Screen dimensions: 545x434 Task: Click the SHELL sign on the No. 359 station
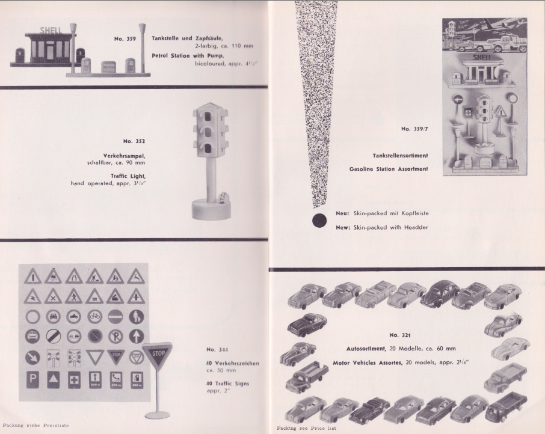click(51, 30)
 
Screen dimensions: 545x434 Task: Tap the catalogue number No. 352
click(134, 141)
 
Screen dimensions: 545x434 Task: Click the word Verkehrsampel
click(124, 156)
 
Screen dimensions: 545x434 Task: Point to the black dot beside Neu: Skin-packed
click(319, 221)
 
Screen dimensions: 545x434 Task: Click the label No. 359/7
click(414, 129)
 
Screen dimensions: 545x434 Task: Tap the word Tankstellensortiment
click(401, 156)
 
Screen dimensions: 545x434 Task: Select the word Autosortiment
click(366, 349)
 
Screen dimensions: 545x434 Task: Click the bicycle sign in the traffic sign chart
click(94, 316)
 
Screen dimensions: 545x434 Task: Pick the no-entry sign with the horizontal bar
click(115, 317)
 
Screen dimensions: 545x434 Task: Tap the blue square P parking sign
click(32, 379)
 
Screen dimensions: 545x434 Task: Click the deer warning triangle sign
click(136, 277)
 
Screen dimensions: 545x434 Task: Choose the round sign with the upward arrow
click(136, 337)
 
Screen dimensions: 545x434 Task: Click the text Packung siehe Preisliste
click(36, 426)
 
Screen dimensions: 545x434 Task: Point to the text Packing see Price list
click(306, 428)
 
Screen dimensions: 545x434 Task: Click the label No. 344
click(217, 350)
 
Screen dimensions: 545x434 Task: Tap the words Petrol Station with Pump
click(188, 55)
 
